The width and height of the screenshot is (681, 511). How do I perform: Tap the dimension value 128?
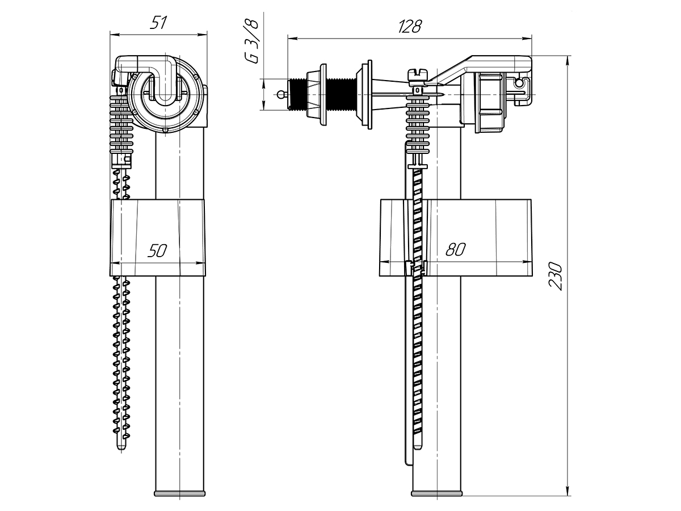(x=410, y=26)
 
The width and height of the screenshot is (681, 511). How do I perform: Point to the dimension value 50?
(x=157, y=251)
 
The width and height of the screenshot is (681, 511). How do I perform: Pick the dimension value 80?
(x=456, y=249)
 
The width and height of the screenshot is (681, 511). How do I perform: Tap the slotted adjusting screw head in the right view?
(x=418, y=74)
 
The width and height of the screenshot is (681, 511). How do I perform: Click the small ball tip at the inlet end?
(x=280, y=94)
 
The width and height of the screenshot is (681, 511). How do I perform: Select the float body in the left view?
(x=158, y=237)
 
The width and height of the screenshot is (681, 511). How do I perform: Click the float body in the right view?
(x=456, y=237)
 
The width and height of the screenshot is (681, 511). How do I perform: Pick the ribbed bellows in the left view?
(x=121, y=124)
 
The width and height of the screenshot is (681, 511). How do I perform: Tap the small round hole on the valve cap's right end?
(x=518, y=83)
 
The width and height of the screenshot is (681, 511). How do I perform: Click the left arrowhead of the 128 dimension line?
(x=292, y=39)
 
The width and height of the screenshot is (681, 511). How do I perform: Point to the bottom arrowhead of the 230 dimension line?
(x=567, y=493)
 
